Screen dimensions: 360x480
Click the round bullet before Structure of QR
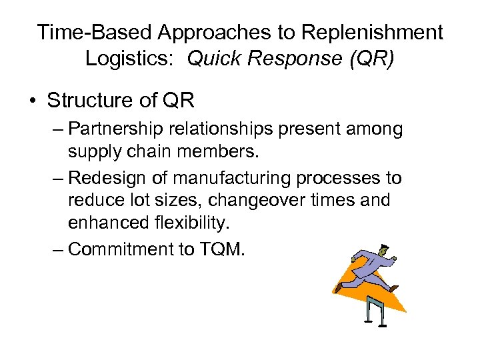point(33,101)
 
